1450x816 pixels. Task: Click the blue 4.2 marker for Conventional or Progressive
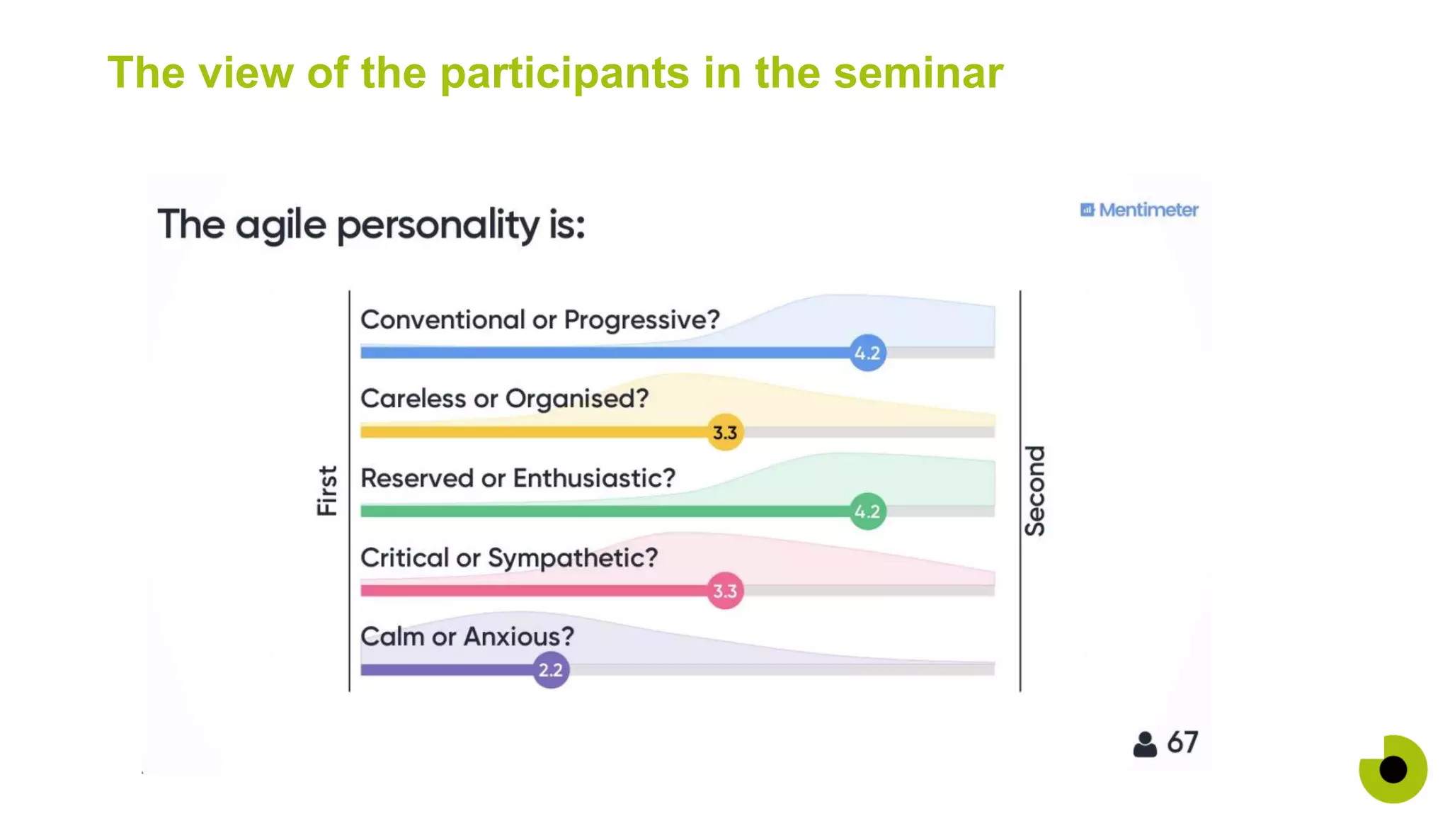[x=867, y=353]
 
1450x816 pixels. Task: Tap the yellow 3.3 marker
[x=725, y=432]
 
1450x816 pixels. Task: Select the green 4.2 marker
[x=867, y=511]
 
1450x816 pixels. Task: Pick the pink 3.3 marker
[x=725, y=591]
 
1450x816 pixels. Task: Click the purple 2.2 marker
[x=551, y=670]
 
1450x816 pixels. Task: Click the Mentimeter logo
[x=1139, y=210]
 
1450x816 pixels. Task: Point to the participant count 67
[x=1182, y=743]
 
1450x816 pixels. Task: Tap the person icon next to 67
[x=1145, y=744]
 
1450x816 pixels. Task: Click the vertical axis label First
[x=327, y=490]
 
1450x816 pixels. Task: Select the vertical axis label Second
[x=1035, y=490]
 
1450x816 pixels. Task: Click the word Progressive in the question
[x=641, y=320]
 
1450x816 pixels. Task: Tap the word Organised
[x=576, y=399]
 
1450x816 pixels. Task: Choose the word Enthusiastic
[x=594, y=478]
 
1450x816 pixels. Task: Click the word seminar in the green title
[x=918, y=73]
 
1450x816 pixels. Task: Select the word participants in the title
[x=564, y=74]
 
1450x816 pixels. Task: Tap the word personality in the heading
[x=438, y=225]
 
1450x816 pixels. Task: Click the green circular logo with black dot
[x=1393, y=769]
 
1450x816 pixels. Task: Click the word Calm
[x=392, y=637]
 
